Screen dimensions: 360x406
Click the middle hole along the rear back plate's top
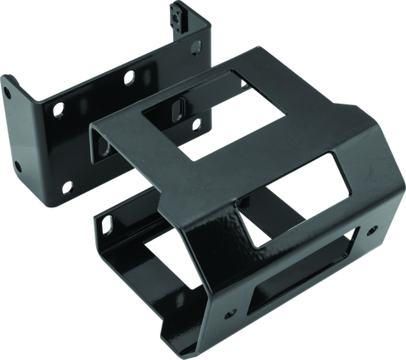tap(128, 79)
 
